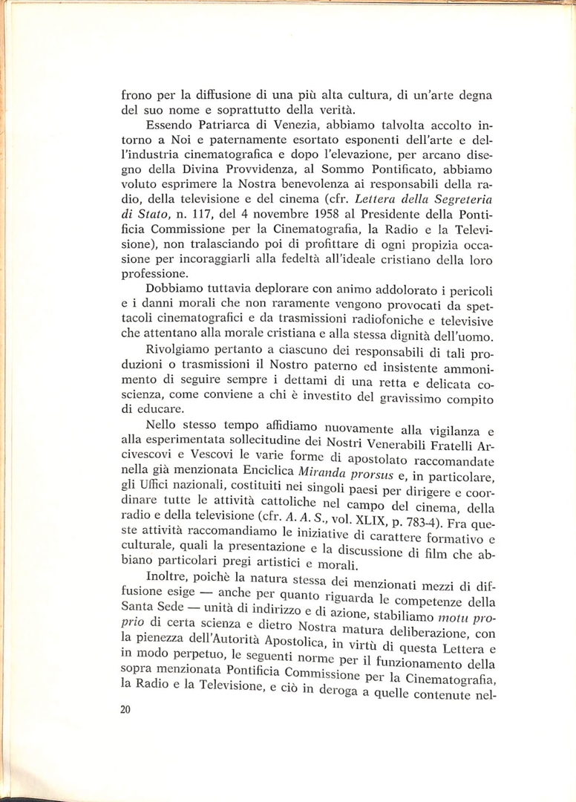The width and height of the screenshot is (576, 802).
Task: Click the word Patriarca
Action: tap(211, 125)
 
